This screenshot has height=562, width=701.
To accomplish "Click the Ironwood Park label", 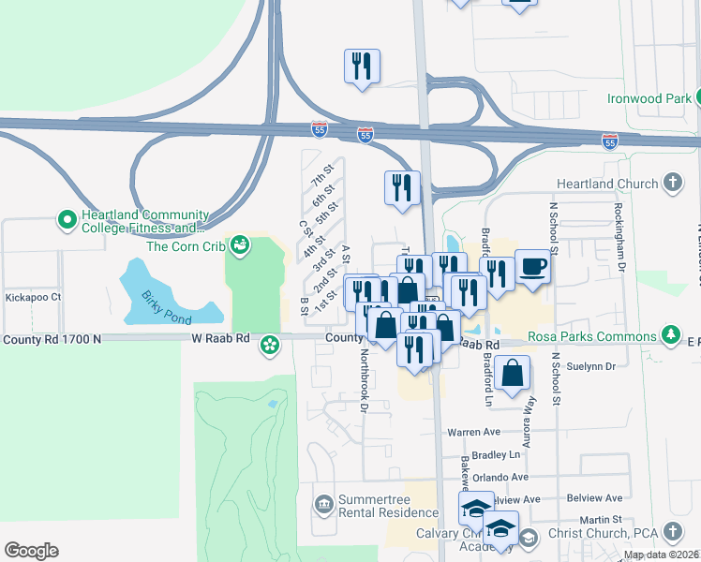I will pyautogui.click(x=647, y=97).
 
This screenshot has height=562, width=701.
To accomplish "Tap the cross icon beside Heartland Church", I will pyautogui.click(x=672, y=183).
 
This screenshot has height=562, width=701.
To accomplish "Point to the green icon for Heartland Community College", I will pyautogui.click(x=67, y=220).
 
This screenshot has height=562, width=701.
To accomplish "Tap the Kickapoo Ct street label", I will pyautogui.click(x=33, y=297).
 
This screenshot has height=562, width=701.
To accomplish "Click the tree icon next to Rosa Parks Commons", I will pyautogui.click(x=671, y=335).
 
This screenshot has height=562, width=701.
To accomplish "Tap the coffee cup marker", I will pyautogui.click(x=532, y=266).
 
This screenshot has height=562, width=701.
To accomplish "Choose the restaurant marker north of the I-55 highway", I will pyautogui.click(x=362, y=67).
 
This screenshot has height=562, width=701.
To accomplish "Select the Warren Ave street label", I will pyautogui.click(x=474, y=432).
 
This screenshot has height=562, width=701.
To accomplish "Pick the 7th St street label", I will pyautogui.click(x=322, y=177).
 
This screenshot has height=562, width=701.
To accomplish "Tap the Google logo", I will pyautogui.click(x=31, y=551).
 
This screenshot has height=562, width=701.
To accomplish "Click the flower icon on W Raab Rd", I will pyautogui.click(x=270, y=346).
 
